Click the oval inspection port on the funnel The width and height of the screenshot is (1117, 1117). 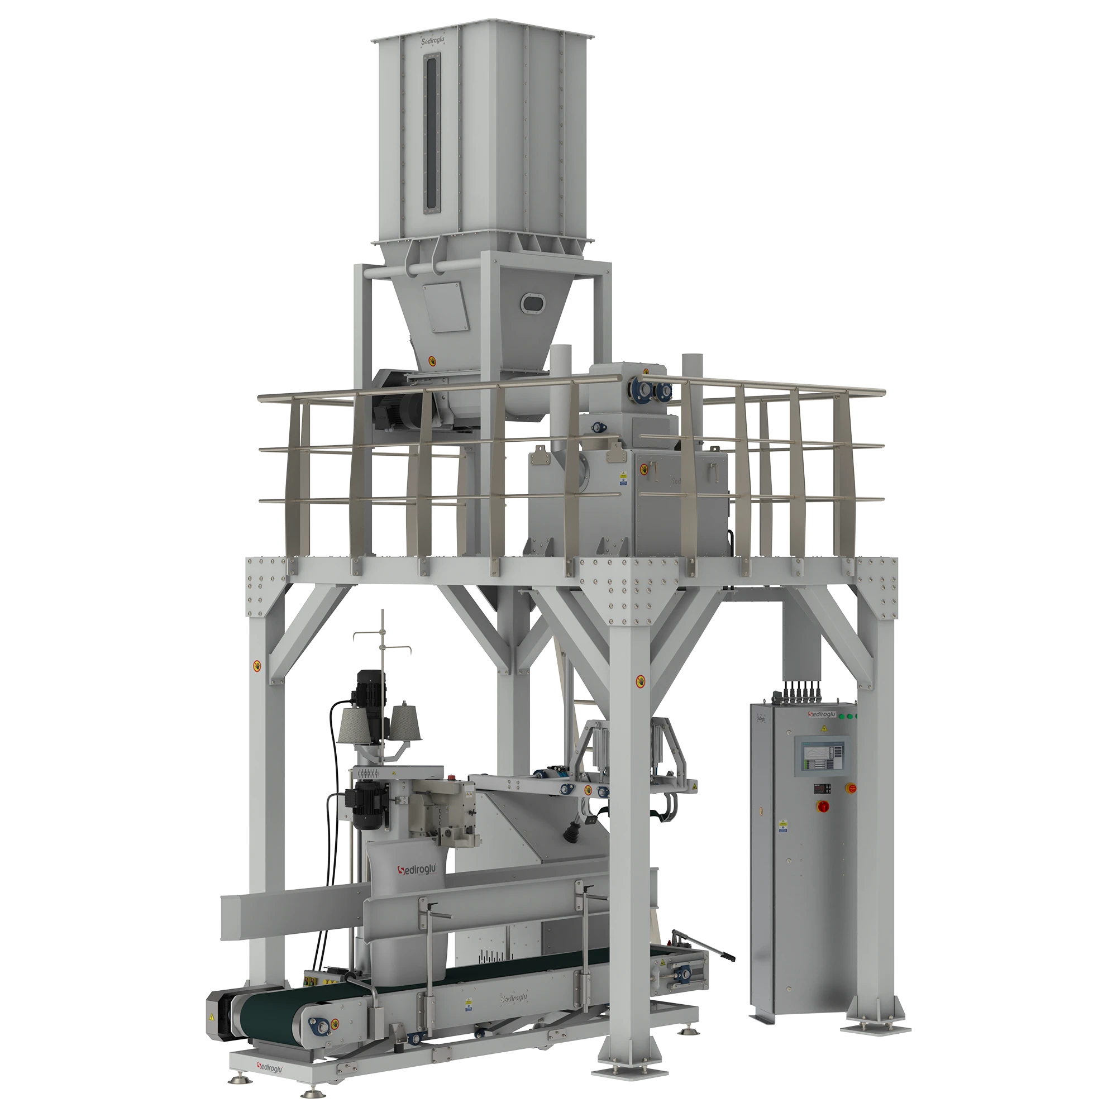(531, 302)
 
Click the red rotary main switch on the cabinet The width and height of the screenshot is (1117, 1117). (822, 806)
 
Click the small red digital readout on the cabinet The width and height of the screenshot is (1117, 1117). (820, 787)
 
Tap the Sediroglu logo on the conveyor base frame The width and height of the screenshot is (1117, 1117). (274, 1065)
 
